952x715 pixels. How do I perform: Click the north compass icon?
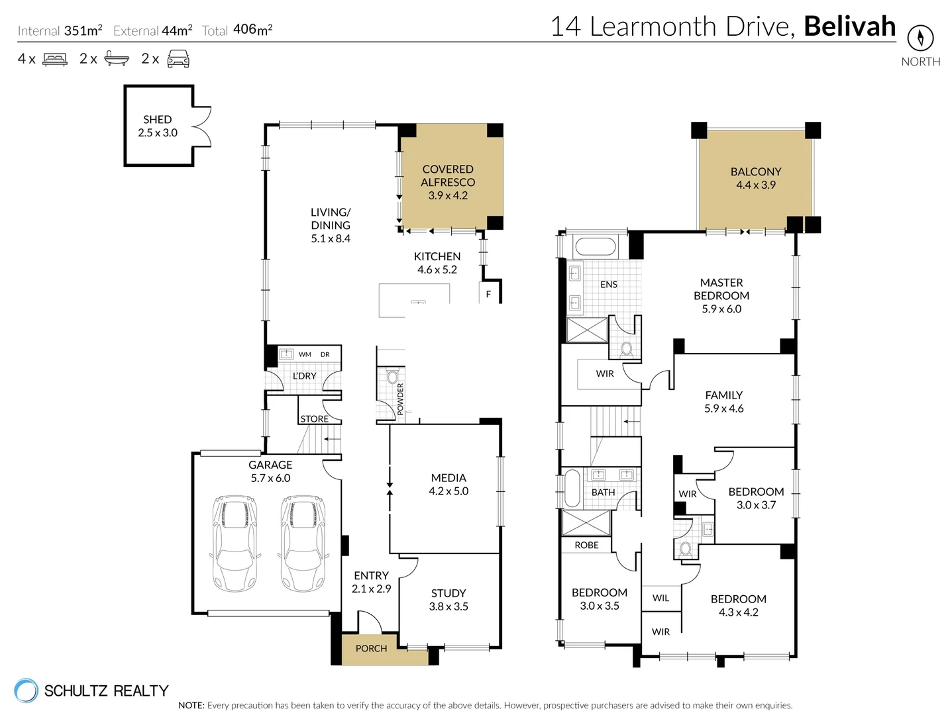(x=920, y=38)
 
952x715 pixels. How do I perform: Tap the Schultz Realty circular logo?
(x=26, y=691)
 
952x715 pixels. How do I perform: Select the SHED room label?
(x=157, y=120)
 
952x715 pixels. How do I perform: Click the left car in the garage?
(x=235, y=543)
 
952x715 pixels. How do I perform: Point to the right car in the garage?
(x=303, y=543)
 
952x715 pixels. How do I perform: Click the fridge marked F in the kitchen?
(x=488, y=294)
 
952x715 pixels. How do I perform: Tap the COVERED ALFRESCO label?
(x=448, y=175)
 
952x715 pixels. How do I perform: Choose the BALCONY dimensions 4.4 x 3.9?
(x=755, y=185)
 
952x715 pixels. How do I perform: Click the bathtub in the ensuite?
(x=595, y=247)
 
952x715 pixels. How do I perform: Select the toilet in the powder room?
(x=392, y=377)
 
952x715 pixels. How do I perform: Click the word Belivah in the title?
(x=849, y=26)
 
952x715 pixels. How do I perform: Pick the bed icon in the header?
(x=55, y=60)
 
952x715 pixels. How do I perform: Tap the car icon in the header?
(x=178, y=60)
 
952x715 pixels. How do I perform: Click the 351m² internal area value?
(x=83, y=30)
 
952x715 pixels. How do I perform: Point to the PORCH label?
(x=371, y=649)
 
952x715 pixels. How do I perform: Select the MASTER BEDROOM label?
(x=721, y=289)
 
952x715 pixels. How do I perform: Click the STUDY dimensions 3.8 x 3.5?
(x=449, y=607)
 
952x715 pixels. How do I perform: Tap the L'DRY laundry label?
(x=305, y=376)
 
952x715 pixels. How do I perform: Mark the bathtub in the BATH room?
(x=572, y=489)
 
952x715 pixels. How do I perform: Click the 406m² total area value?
(x=252, y=30)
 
